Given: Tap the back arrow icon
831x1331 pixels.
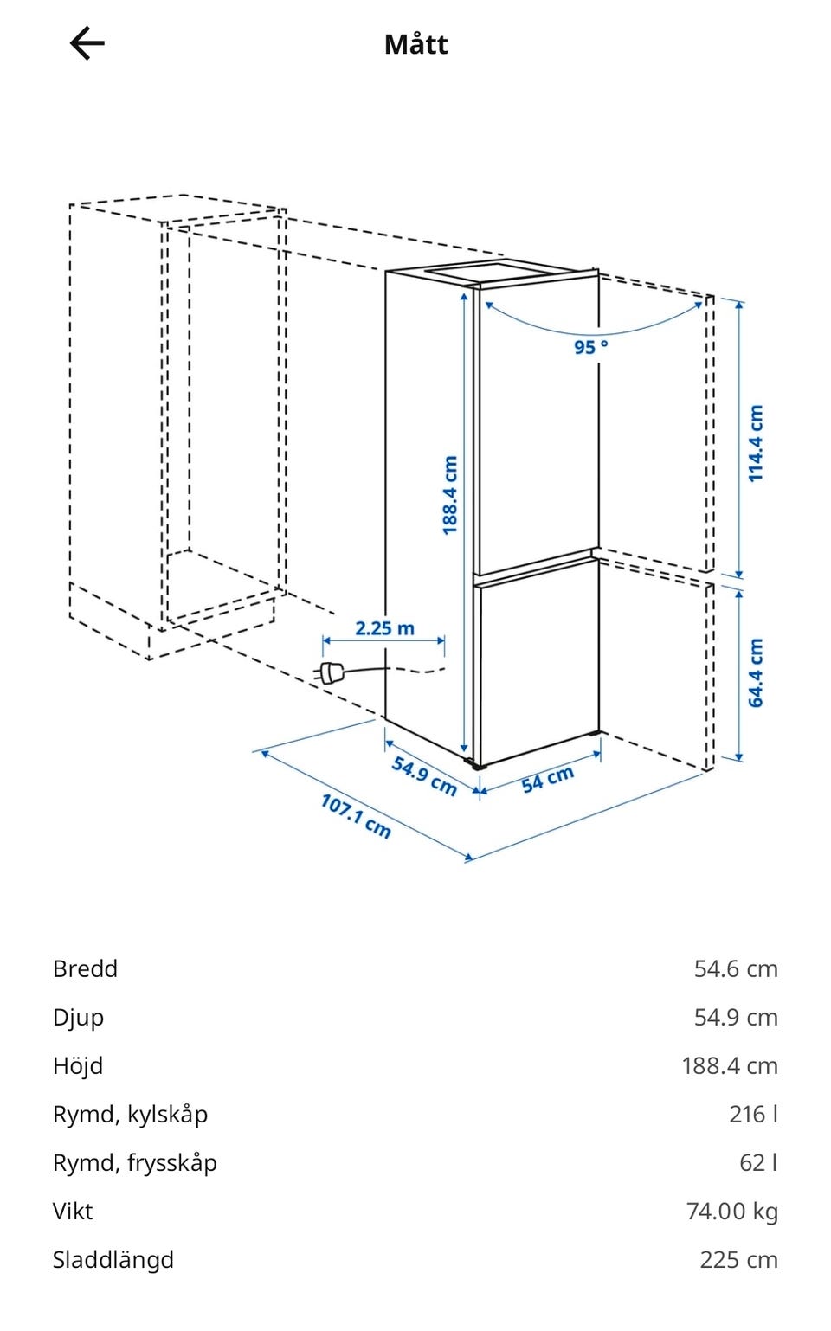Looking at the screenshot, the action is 87,43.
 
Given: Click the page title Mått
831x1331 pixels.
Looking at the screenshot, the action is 415,44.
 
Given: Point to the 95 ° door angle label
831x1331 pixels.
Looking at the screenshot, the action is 591,346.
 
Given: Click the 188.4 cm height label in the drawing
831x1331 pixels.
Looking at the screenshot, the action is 450,495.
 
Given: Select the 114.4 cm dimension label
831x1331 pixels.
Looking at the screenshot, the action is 755,443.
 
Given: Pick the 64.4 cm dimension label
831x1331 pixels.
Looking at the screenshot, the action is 755,672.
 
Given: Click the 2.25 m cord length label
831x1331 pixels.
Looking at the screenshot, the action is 384,628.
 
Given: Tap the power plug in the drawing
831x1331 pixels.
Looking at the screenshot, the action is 328,673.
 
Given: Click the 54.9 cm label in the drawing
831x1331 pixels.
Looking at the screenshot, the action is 424,775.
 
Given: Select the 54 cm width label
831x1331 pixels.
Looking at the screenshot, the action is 547,778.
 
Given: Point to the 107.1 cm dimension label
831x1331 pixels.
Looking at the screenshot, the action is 356,816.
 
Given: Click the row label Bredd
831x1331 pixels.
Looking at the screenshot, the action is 85,969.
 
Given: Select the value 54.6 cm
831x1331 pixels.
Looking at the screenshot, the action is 736,969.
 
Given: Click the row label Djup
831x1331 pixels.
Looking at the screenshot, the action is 78,1019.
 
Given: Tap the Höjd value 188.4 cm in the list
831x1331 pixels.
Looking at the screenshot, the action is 730,1066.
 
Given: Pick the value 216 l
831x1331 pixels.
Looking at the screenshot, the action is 753,1115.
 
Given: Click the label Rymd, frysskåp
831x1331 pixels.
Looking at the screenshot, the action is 134,1163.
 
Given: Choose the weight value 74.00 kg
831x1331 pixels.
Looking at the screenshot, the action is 731,1212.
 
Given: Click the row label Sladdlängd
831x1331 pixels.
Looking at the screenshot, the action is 113,1260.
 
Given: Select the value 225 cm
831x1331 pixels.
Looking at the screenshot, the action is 739,1260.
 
